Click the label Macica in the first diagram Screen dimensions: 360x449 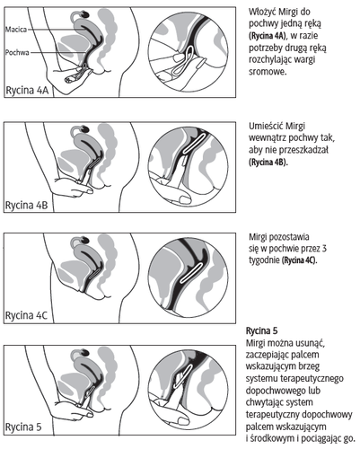coord(16,30)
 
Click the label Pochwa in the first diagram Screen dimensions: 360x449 coord(17,53)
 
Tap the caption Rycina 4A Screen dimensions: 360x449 coord(27,91)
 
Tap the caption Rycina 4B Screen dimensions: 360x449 coord(27,206)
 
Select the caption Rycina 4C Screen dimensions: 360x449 coord(27,315)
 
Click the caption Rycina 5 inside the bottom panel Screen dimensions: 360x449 coord(23,427)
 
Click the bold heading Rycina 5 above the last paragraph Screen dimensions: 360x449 coord(262,330)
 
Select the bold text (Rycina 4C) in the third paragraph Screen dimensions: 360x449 coord(299,260)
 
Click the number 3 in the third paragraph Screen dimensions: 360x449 coord(324,249)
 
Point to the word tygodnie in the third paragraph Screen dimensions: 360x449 coord(264,260)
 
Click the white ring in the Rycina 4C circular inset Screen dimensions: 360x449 coord(194,273)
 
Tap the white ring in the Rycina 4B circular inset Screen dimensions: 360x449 coord(195,143)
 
